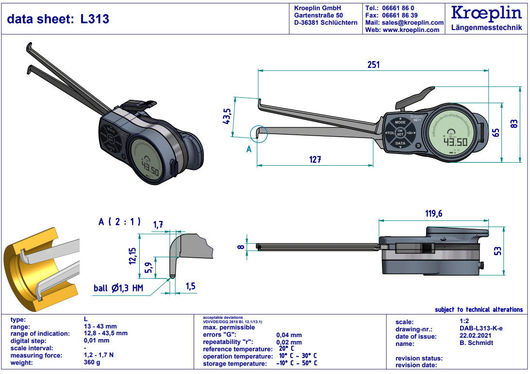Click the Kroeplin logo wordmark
pyautogui.click(x=487, y=13)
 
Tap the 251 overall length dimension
pyautogui.click(x=373, y=64)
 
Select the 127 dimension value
pyautogui.click(x=315, y=159)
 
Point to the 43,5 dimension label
pyautogui.click(x=227, y=117)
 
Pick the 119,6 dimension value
pyautogui.click(x=433, y=214)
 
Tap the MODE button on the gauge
pyautogui.click(x=400, y=123)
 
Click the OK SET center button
pyautogui.click(x=400, y=133)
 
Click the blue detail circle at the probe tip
pyautogui.click(x=259, y=135)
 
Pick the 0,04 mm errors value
pyautogui.click(x=289, y=335)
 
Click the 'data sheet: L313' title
pyautogui.click(x=58, y=19)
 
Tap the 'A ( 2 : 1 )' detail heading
pyautogui.click(x=119, y=221)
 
